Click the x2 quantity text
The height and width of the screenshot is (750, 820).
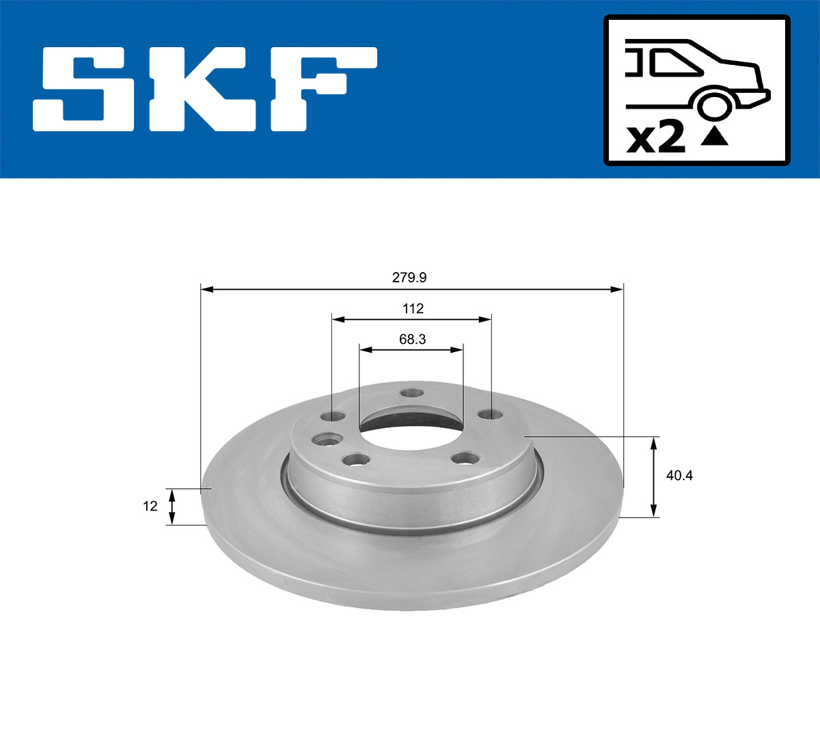[656, 138]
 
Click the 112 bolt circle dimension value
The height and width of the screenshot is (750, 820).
[413, 308]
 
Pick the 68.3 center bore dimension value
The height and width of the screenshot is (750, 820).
[412, 339]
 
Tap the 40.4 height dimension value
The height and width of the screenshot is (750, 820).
[679, 476]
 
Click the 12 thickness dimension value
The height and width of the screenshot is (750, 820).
[150, 507]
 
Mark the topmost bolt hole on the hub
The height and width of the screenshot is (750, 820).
[411, 393]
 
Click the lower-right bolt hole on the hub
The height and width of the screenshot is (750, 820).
[467, 457]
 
